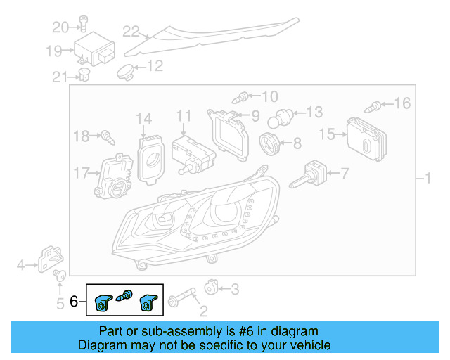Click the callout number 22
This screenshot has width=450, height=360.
(131, 31)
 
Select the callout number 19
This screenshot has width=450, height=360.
(54, 51)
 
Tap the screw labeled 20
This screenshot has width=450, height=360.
(83, 23)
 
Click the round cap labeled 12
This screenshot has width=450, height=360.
(126, 71)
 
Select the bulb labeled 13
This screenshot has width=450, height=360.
(283, 117)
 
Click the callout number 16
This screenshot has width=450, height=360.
(401, 104)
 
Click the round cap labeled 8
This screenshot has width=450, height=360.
(269, 144)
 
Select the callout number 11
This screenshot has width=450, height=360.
(184, 115)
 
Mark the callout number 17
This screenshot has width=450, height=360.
(82, 172)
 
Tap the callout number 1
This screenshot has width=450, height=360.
(426, 179)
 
